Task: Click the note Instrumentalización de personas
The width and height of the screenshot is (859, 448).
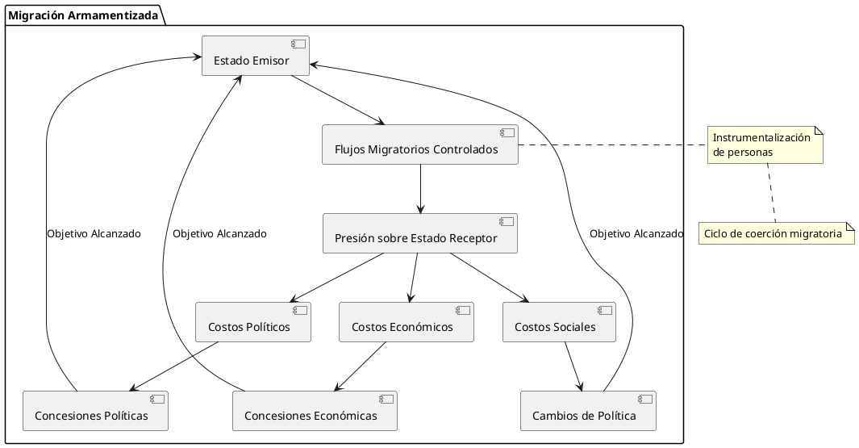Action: (765, 144)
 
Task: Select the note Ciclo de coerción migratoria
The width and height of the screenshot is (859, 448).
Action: (776, 233)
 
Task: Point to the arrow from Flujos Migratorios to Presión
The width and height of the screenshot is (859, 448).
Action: (420, 189)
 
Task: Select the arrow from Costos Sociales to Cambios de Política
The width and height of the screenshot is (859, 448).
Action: (573, 366)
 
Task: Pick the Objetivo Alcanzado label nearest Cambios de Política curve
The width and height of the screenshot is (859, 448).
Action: (636, 234)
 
